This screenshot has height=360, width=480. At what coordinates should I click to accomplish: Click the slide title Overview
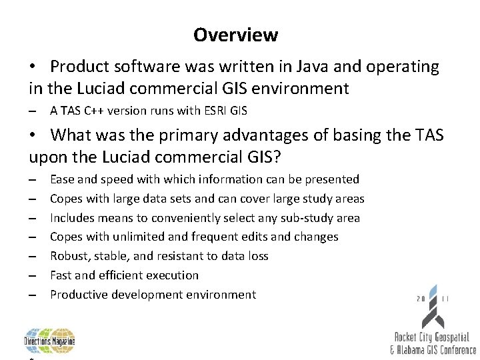point(235,35)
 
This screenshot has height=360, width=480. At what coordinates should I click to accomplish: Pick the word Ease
point(63,179)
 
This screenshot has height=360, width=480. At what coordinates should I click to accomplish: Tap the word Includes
point(73,218)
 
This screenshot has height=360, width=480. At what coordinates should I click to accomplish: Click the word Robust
point(70,256)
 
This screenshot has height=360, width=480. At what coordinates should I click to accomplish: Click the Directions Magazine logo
point(50,341)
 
